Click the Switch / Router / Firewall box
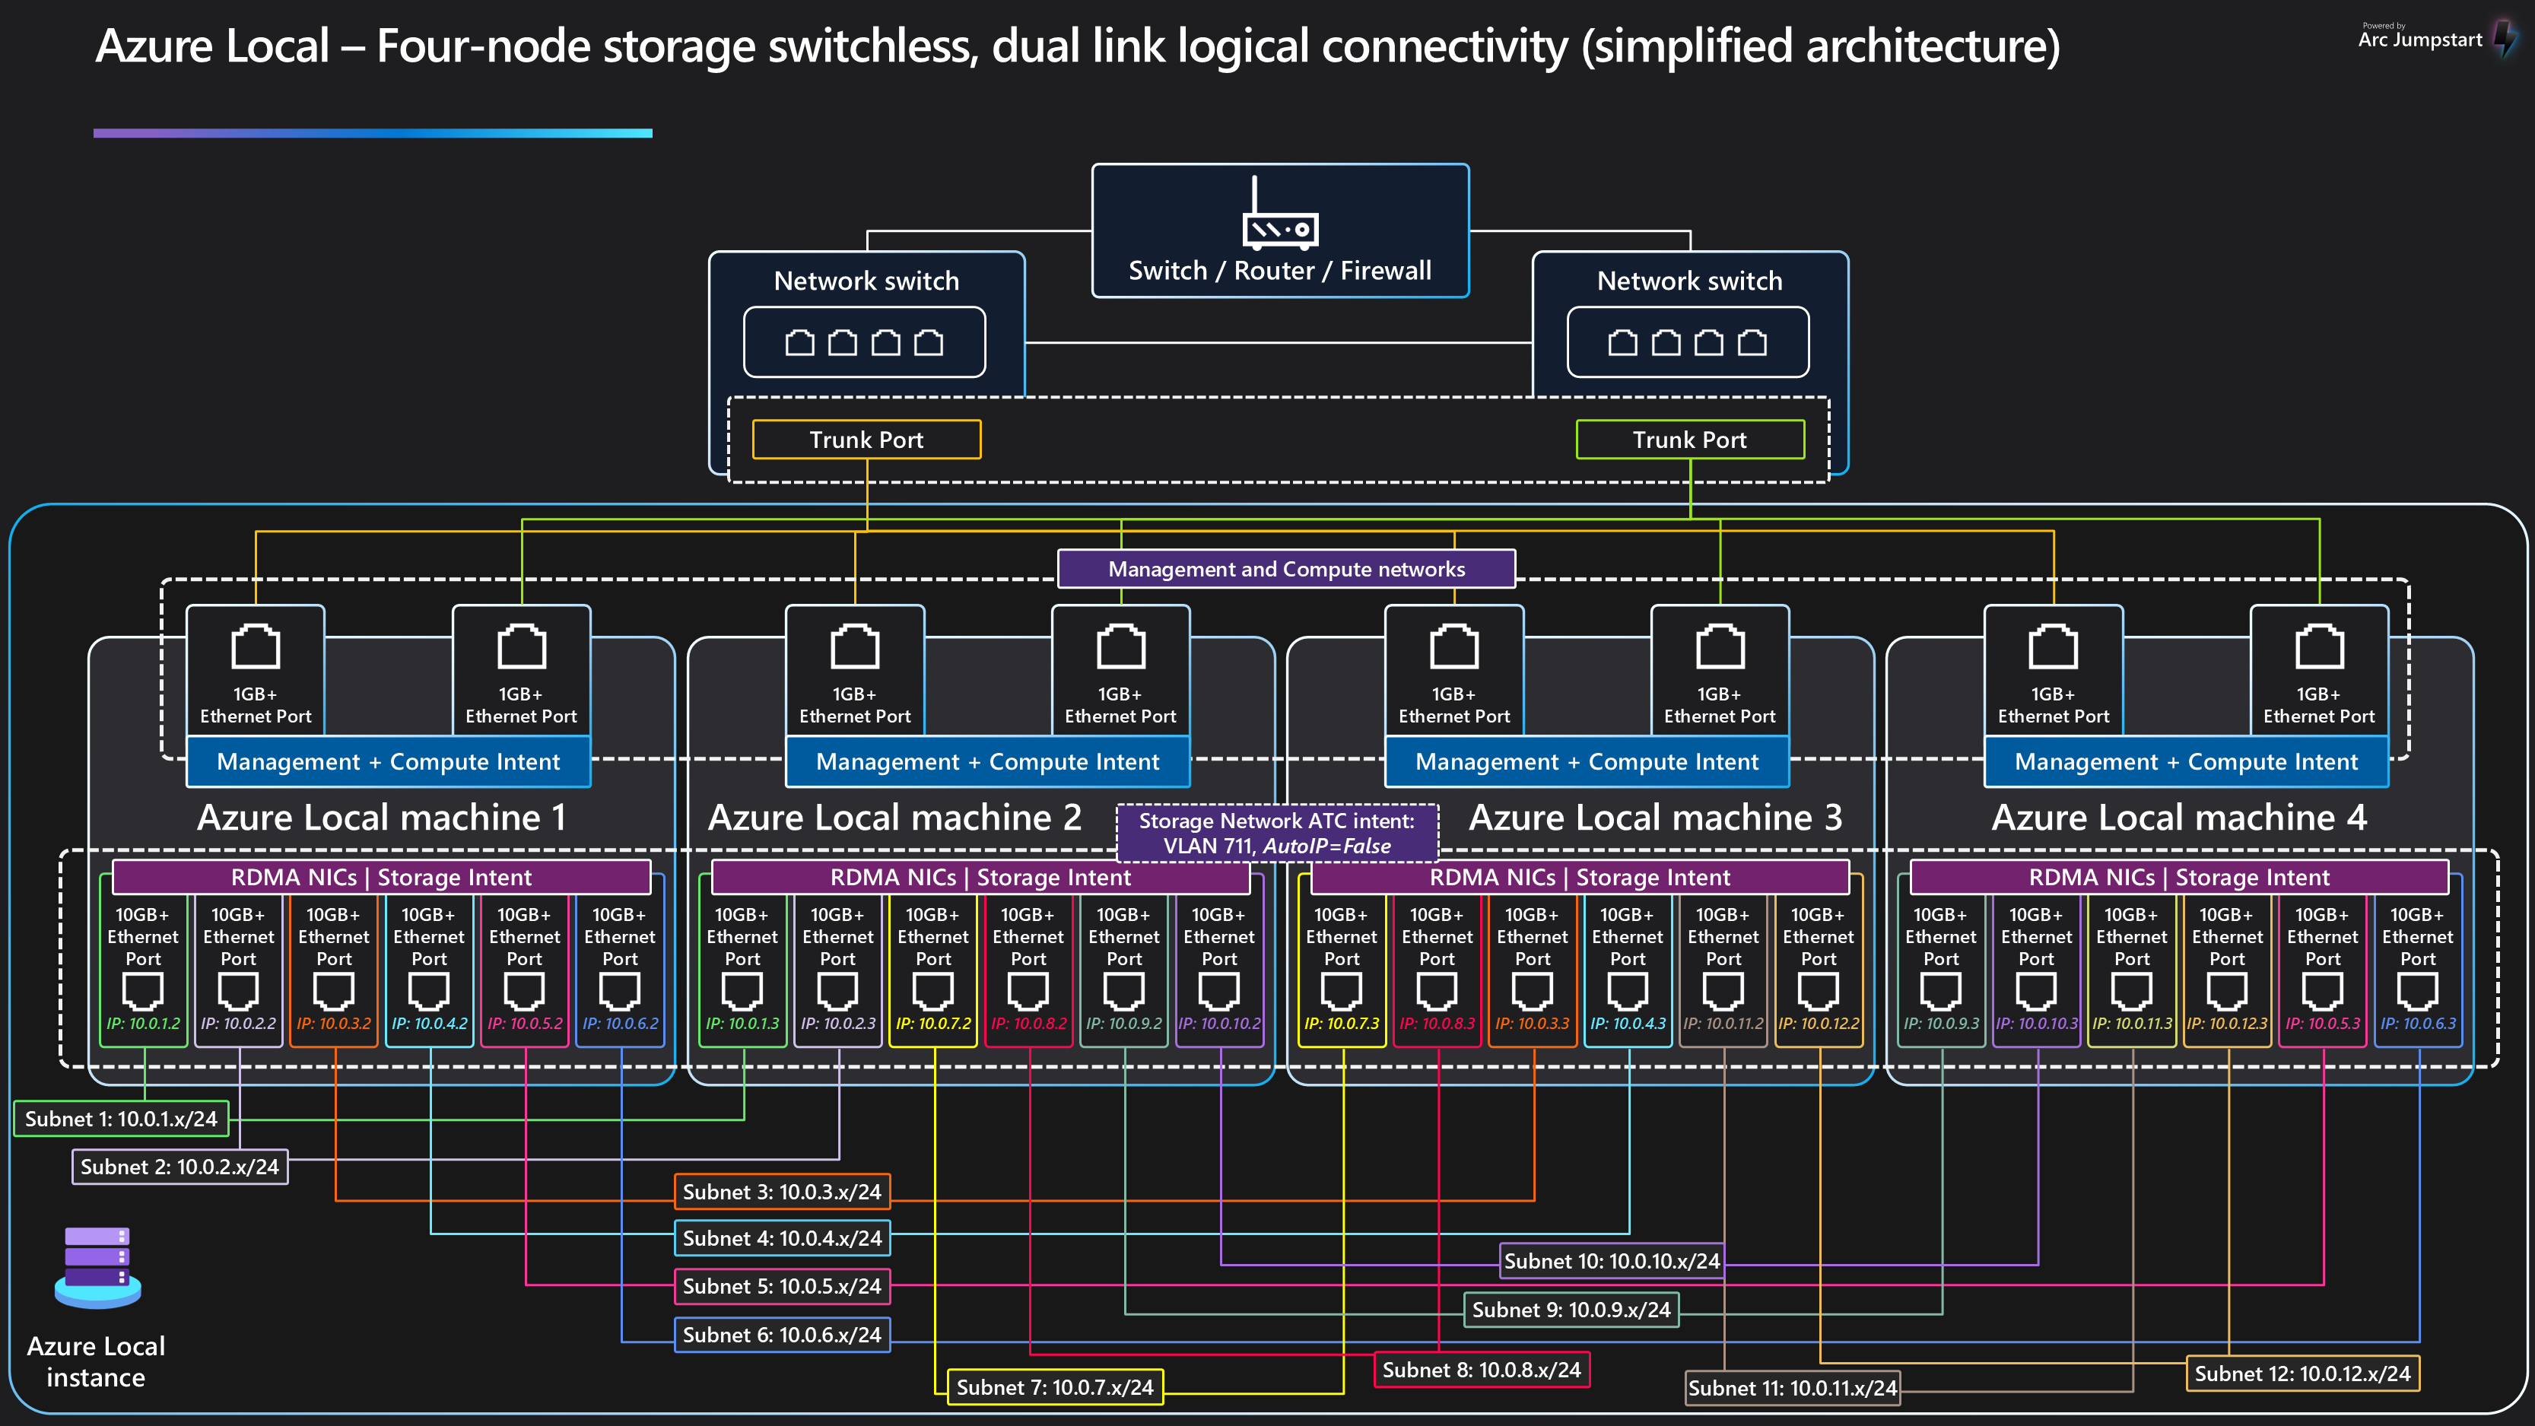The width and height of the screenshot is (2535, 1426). (1279, 231)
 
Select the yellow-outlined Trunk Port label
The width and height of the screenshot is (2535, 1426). (866, 440)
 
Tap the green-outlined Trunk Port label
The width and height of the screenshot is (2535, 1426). (1690, 440)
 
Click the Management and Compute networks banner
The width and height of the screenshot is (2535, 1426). (1286, 569)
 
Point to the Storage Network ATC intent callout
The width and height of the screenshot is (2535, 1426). (1276, 833)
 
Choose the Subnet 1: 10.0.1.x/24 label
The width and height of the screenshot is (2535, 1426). (121, 1119)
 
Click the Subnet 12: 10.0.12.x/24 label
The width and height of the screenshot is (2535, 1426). (2302, 1374)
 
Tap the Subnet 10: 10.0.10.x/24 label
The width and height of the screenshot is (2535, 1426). (1611, 1262)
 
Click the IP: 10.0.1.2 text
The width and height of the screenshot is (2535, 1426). (144, 1024)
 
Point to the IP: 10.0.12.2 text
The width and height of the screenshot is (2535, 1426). (1819, 1024)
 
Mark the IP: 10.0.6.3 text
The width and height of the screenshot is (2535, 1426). (2418, 1024)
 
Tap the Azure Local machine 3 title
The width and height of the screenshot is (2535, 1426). (1655, 818)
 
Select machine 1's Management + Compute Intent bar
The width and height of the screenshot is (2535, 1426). (388, 762)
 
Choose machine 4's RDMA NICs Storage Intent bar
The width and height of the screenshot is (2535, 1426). (2179, 877)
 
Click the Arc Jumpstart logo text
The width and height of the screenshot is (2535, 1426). (2420, 40)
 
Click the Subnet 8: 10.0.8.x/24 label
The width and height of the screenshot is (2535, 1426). (1481, 1370)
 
